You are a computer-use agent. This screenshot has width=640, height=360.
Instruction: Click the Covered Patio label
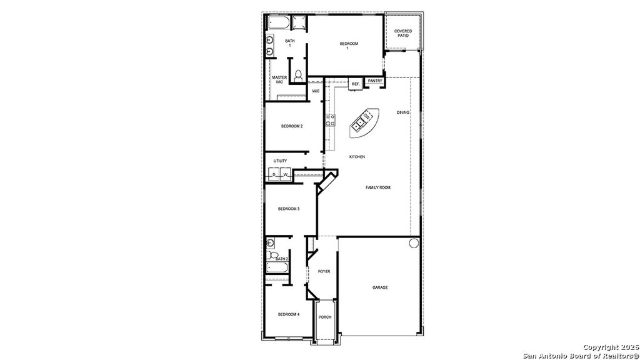pyautogui.click(x=402, y=33)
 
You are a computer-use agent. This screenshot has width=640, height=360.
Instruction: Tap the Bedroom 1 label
pyautogui.click(x=349, y=46)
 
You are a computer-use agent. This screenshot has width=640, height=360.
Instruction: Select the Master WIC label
pyautogui.click(x=279, y=80)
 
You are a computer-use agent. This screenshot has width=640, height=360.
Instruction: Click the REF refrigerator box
pyautogui.click(x=355, y=84)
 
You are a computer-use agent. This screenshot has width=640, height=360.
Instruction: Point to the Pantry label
pyautogui.click(x=375, y=81)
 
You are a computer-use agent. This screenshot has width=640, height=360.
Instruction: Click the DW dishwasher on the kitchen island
pyautogui.click(x=367, y=117)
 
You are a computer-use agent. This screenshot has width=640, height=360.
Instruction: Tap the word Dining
pyautogui.click(x=403, y=112)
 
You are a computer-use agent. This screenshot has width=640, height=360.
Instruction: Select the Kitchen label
pyautogui.click(x=357, y=157)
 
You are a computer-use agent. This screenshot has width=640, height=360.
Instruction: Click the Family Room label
pyautogui.click(x=378, y=187)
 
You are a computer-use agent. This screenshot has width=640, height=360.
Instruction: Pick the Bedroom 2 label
pyautogui.click(x=292, y=126)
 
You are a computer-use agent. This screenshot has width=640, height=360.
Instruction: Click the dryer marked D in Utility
pyautogui.click(x=274, y=174)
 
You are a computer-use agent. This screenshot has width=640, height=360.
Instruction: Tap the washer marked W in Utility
pyautogui.click(x=285, y=174)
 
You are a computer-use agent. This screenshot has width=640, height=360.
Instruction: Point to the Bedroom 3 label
pyautogui.click(x=289, y=209)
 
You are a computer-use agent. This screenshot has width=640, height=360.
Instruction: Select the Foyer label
pyautogui.click(x=324, y=271)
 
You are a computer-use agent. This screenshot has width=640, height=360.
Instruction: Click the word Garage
pyautogui.click(x=380, y=287)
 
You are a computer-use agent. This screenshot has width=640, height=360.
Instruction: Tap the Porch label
pyautogui.click(x=325, y=317)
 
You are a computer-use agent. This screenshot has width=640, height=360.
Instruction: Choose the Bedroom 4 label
pyautogui.click(x=289, y=314)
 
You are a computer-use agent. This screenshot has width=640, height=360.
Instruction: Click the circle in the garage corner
pyautogui.click(x=413, y=243)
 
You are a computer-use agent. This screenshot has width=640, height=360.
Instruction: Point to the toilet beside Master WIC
pyautogui.click(x=298, y=75)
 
